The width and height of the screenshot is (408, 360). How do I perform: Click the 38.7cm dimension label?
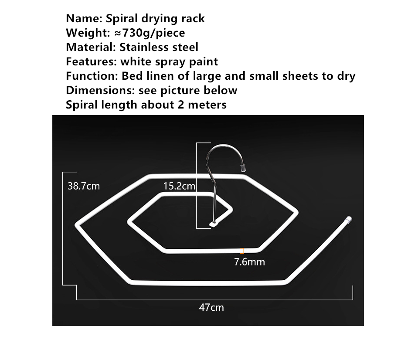coord(84,186)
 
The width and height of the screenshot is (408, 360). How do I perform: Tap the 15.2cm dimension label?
coord(179,186)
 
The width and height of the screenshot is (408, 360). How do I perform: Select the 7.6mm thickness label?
coord(249,262)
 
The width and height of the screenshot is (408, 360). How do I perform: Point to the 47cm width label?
coord(211,307)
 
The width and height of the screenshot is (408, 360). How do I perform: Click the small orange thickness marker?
coord(242,251)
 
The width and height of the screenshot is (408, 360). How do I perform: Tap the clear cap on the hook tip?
coord(243,167)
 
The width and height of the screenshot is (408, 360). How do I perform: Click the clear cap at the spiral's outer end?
coord(349,219)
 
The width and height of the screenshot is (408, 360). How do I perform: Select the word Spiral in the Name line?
coord(122,19)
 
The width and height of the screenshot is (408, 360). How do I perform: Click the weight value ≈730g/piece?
coord(150,33)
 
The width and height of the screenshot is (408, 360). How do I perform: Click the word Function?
coord(92,76)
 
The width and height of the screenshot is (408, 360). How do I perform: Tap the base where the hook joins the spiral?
coord(214,224)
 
